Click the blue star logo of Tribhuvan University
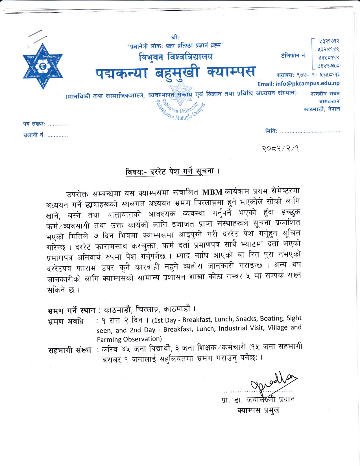43,67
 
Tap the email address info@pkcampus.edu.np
298,84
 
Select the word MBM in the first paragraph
212,192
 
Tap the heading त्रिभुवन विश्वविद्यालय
175,57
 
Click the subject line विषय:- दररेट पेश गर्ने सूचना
172,171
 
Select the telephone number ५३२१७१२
329,41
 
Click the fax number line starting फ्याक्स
308,75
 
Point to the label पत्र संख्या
34,124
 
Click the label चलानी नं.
34,135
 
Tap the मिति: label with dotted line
302,131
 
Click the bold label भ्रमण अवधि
66,321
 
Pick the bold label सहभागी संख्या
70,350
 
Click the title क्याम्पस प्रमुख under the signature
258,410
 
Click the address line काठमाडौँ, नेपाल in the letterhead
322,109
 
